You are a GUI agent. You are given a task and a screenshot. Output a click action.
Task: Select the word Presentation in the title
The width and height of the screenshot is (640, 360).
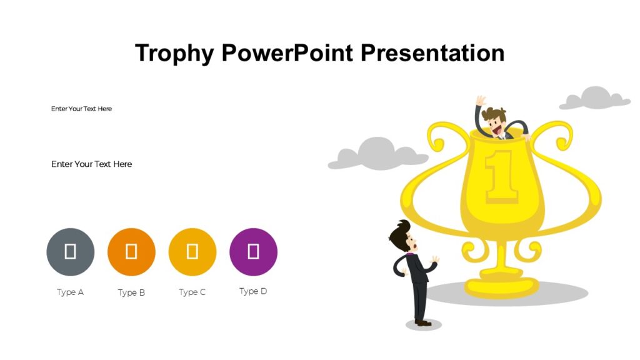point(432,53)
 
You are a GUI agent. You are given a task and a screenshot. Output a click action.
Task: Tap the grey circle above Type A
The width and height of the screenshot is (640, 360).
point(71,252)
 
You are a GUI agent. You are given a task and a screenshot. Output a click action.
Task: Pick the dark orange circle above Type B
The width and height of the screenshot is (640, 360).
point(131,252)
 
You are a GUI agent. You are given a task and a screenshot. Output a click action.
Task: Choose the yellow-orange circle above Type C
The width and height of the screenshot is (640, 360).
point(192,252)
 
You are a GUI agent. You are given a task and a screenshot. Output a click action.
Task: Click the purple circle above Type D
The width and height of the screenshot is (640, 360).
point(253,252)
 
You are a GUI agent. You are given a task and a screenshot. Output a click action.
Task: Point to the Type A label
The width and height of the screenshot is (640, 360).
point(70,292)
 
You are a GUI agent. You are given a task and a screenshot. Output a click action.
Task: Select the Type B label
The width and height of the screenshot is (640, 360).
point(131,292)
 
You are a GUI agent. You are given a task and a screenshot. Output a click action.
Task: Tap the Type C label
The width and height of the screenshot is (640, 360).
point(192,292)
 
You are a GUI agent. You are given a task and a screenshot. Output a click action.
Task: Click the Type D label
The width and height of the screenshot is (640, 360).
point(253,291)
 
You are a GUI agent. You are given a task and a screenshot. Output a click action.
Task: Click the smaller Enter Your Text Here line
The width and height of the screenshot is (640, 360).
point(81,109)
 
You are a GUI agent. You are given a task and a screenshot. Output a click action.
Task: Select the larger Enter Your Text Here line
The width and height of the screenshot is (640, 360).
point(91,164)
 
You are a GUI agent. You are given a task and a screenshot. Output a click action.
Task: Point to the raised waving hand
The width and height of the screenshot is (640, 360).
point(480,101)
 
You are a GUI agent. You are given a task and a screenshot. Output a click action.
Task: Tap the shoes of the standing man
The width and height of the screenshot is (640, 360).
point(422,322)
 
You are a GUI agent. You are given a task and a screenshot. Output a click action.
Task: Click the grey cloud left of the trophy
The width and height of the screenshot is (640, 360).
point(377,154)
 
